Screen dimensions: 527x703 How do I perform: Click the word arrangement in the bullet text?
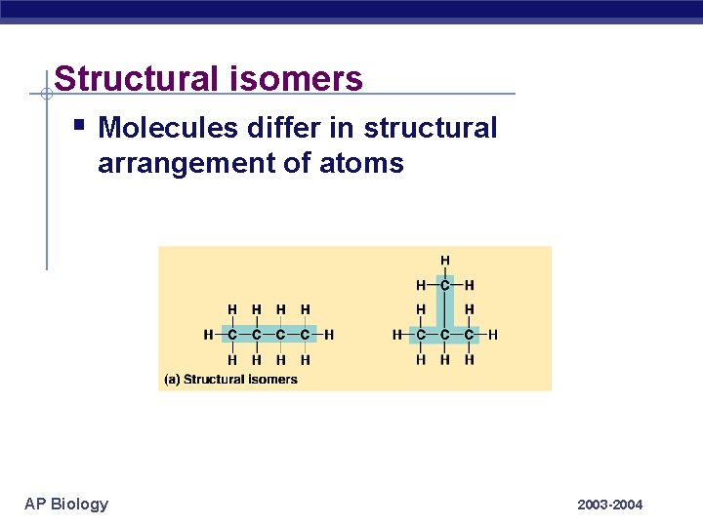tap(184, 163)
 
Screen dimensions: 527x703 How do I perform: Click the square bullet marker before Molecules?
tap(79, 125)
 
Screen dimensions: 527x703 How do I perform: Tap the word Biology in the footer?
tap(80, 504)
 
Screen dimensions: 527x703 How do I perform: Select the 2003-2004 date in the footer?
tap(610, 505)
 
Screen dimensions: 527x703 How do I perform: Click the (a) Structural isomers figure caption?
tap(230, 379)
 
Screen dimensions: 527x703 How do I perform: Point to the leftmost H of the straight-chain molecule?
tap(208, 335)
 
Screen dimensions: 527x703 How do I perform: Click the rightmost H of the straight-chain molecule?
tap(329, 335)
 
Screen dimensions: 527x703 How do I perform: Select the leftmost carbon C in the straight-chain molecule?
tap(232, 335)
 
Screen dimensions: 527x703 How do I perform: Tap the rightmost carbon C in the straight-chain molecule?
tap(305, 335)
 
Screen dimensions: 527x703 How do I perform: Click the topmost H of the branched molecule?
tap(445, 261)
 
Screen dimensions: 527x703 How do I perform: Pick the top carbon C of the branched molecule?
tap(445, 285)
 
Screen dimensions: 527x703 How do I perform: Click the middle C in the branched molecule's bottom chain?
tap(445, 335)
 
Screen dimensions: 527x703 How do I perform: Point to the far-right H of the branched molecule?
tap(493, 335)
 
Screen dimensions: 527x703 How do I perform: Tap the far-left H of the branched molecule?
tap(397, 335)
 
